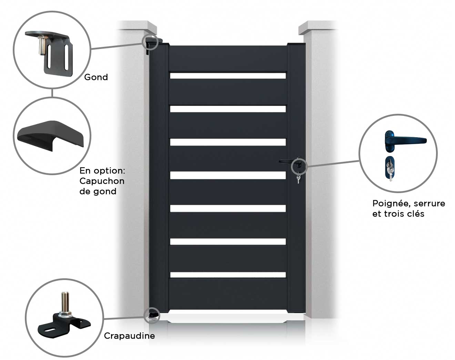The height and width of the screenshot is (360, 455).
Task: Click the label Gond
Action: (96, 77)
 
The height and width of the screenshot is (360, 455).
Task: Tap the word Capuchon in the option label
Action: (102, 181)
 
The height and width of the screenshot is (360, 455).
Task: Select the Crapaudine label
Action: (129, 336)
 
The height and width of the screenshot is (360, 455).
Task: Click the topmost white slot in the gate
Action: (228, 76)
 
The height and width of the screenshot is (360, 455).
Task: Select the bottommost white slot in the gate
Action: (228, 275)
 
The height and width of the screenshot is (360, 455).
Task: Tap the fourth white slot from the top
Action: (228, 175)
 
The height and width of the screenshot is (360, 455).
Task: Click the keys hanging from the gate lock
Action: (298, 179)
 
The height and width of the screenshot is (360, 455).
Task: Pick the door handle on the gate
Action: (286, 161)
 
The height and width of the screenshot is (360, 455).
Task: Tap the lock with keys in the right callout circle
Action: (390, 169)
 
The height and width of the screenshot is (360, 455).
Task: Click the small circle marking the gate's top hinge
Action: (150, 41)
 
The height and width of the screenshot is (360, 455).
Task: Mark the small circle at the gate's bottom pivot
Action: (151, 315)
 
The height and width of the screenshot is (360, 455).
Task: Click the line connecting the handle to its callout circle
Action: (333, 163)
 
